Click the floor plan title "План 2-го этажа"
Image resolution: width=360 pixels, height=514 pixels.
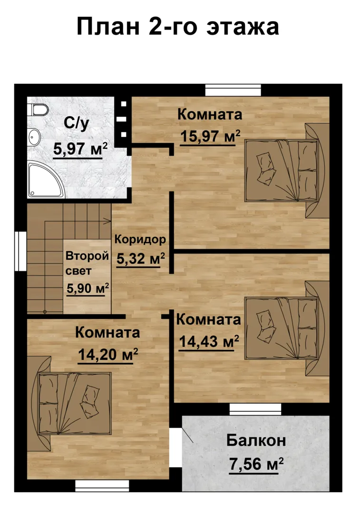[x=177, y=27]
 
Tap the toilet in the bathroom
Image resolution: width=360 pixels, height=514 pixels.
[x=38, y=109]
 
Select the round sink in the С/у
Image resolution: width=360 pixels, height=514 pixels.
[x=33, y=137]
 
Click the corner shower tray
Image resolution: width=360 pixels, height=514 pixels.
[x=46, y=179]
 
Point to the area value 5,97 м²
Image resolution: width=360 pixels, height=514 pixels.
[x=80, y=149]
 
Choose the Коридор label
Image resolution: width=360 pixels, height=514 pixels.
[x=140, y=240]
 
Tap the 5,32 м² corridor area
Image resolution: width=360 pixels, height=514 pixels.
[x=140, y=259]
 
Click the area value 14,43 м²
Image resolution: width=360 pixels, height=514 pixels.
[x=209, y=342]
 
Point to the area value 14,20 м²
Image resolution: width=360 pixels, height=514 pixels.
[x=108, y=355]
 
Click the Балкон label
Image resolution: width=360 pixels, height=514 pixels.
[x=256, y=440]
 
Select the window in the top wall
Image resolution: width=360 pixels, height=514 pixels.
[x=233, y=90]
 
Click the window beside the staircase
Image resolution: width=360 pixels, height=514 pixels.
[x=20, y=251]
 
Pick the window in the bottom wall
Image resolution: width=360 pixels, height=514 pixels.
[x=102, y=486]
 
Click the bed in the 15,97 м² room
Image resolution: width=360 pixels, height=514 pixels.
[x=287, y=170]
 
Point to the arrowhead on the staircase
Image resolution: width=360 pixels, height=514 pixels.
[x=108, y=221]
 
